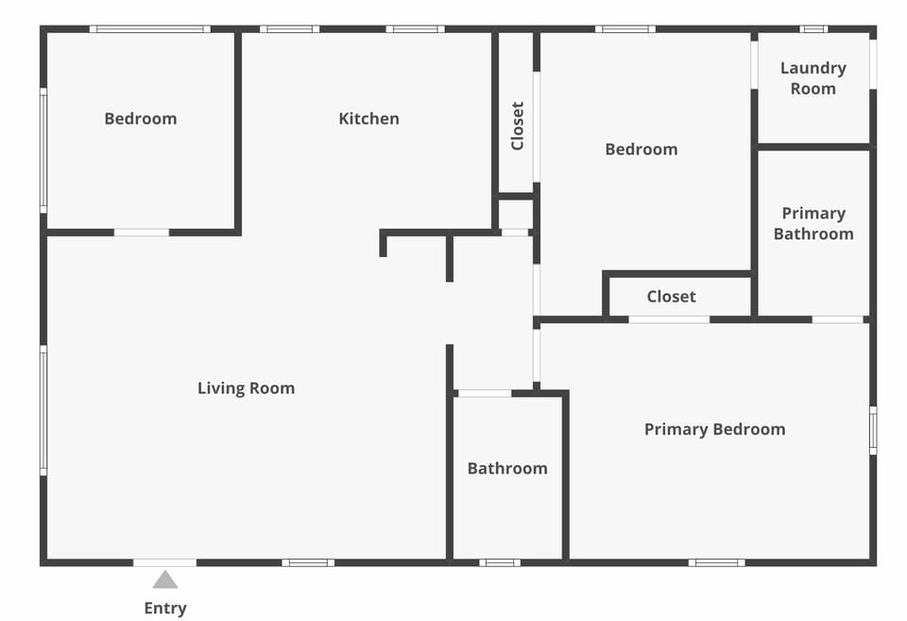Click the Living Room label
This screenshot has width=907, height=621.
click(246, 388)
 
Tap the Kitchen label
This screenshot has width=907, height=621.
click(368, 118)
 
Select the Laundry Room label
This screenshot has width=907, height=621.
click(813, 78)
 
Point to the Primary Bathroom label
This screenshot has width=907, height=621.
click(813, 223)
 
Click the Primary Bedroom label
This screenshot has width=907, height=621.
click(714, 429)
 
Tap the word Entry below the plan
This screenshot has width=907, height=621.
click(165, 608)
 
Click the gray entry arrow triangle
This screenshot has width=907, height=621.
click(165, 579)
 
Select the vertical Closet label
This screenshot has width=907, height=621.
click(517, 126)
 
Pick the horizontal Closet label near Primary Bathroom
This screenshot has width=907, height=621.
click(671, 296)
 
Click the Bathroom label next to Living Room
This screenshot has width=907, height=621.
click(507, 468)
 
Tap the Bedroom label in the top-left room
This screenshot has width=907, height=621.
click(140, 118)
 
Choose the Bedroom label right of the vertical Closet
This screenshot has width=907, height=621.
click(641, 148)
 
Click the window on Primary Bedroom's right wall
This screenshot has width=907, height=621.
click(873, 430)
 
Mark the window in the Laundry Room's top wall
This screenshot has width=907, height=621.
click(813, 29)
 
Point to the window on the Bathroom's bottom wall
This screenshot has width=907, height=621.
click(499, 562)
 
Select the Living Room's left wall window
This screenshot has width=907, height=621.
click(43, 409)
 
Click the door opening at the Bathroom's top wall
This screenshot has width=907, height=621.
click(484, 392)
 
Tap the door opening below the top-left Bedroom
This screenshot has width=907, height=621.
click(142, 232)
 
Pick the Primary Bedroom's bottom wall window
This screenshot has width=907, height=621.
click(716, 562)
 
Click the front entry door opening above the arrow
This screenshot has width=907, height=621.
click(165, 562)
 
